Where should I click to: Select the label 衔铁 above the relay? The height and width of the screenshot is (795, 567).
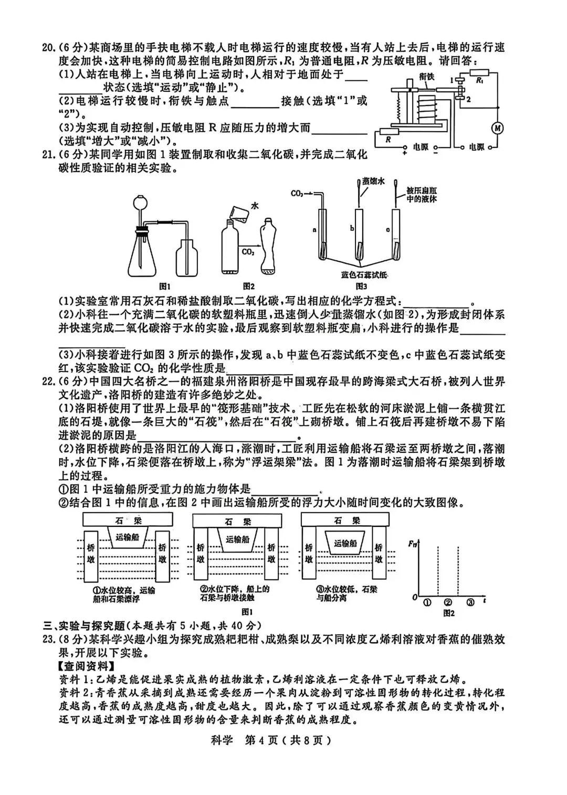pos(427,76)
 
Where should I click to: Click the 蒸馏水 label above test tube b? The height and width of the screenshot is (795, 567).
pos(373,181)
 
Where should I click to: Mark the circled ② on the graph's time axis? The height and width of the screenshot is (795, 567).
pos(447,602)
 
